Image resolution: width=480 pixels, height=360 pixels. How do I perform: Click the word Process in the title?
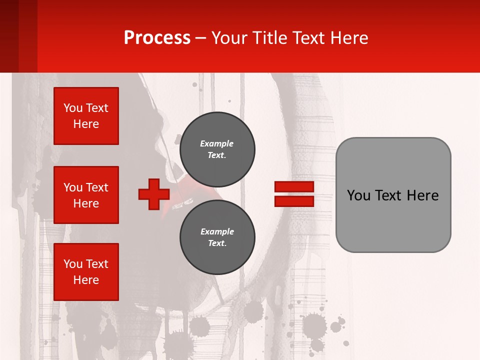157,37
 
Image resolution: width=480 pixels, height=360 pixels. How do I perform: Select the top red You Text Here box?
86,116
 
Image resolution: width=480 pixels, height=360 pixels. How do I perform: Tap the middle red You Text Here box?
86,195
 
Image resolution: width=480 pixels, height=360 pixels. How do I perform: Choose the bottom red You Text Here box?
86,272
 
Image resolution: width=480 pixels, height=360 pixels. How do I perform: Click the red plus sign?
154,194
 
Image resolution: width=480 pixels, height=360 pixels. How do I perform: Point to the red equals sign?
294,194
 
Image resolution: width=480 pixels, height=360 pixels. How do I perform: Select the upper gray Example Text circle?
217,149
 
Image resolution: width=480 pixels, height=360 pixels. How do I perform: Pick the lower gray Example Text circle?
217,237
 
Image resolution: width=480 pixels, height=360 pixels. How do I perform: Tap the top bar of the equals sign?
294,187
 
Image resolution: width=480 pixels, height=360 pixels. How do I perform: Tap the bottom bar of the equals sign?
294,201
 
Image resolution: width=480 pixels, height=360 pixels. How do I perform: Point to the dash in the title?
200,38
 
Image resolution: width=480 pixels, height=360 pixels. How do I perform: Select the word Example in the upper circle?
217,143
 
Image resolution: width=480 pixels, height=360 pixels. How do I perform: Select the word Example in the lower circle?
217,231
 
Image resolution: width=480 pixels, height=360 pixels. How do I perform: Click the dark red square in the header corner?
18,36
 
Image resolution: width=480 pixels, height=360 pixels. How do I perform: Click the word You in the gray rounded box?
358,195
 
